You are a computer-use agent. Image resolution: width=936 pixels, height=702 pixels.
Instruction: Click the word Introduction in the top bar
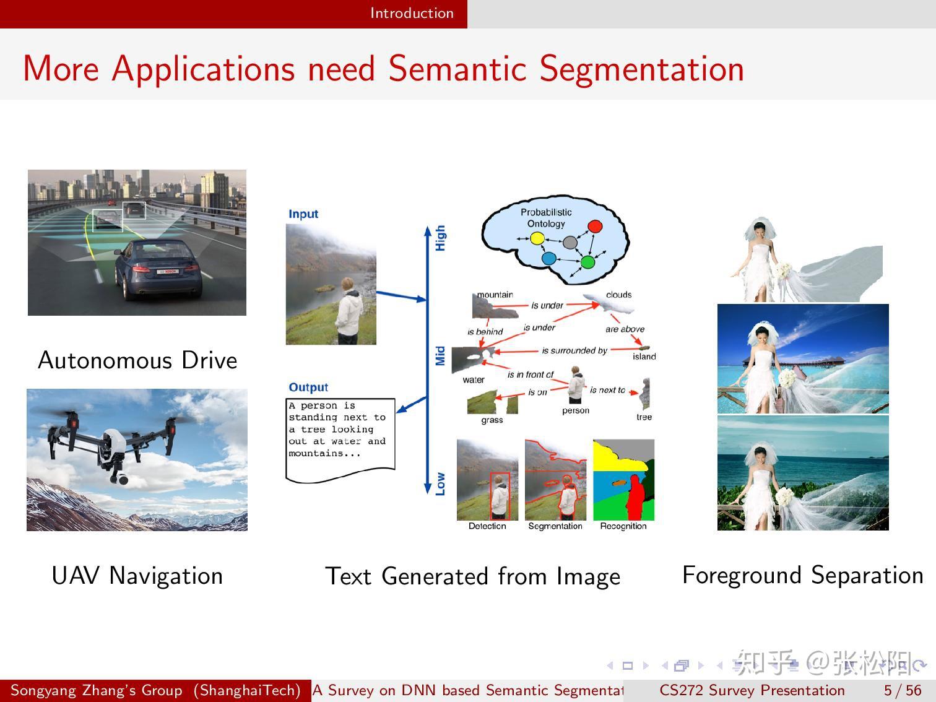[412, 13]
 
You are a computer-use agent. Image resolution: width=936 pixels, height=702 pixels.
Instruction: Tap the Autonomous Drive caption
[137, 360]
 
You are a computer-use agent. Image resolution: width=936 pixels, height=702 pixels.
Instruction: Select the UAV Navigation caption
[137, 576]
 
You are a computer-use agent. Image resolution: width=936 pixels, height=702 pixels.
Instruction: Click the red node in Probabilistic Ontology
[595, 227]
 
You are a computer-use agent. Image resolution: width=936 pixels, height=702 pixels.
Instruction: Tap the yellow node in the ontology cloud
[537, 238]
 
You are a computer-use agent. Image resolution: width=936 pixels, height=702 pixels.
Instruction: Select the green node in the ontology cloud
[587, 262]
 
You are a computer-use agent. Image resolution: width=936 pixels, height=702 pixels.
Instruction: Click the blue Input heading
[303, 214]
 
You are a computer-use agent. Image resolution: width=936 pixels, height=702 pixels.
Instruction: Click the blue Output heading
[308, 388]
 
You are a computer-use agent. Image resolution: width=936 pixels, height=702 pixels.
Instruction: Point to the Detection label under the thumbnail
[487, 526]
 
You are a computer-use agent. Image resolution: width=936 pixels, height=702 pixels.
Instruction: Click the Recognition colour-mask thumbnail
[623, 480]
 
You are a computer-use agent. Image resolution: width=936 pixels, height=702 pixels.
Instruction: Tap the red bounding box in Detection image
[500, 495]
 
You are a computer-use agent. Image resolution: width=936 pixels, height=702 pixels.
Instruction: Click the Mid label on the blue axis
[440, 355]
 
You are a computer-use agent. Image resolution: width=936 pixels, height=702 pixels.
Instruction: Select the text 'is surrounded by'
[574, 350]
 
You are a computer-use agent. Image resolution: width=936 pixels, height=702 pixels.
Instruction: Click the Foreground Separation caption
[802, 575]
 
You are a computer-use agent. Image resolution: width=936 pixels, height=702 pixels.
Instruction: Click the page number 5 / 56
[903, 690]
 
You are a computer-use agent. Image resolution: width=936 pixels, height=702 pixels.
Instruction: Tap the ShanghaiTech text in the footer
[246, 690]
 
